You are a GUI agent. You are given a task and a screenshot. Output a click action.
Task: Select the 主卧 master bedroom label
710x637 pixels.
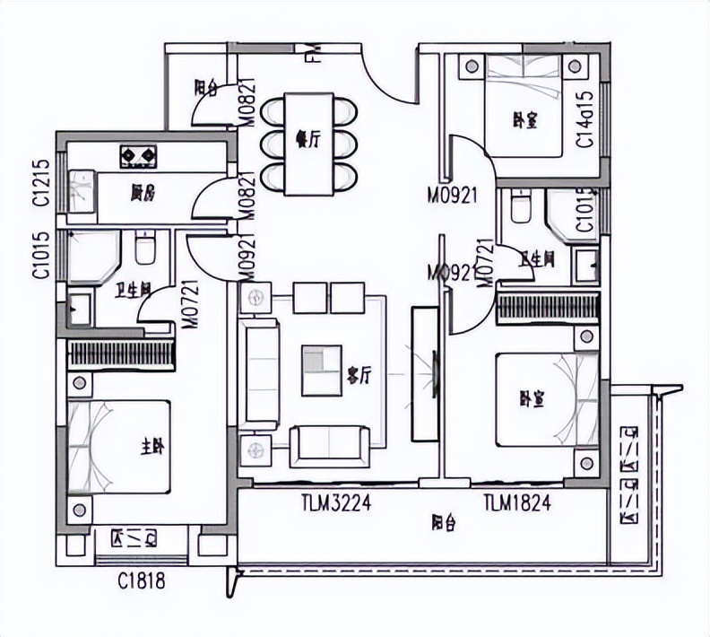(151, 447)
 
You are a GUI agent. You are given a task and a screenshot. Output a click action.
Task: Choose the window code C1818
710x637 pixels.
(142, 582)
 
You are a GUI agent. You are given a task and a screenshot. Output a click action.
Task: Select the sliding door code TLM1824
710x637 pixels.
(516, 504)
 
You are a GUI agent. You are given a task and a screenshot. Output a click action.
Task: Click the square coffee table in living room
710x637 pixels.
(321, 371)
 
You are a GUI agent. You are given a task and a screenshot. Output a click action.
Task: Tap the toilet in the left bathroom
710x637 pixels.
(145, 249)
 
